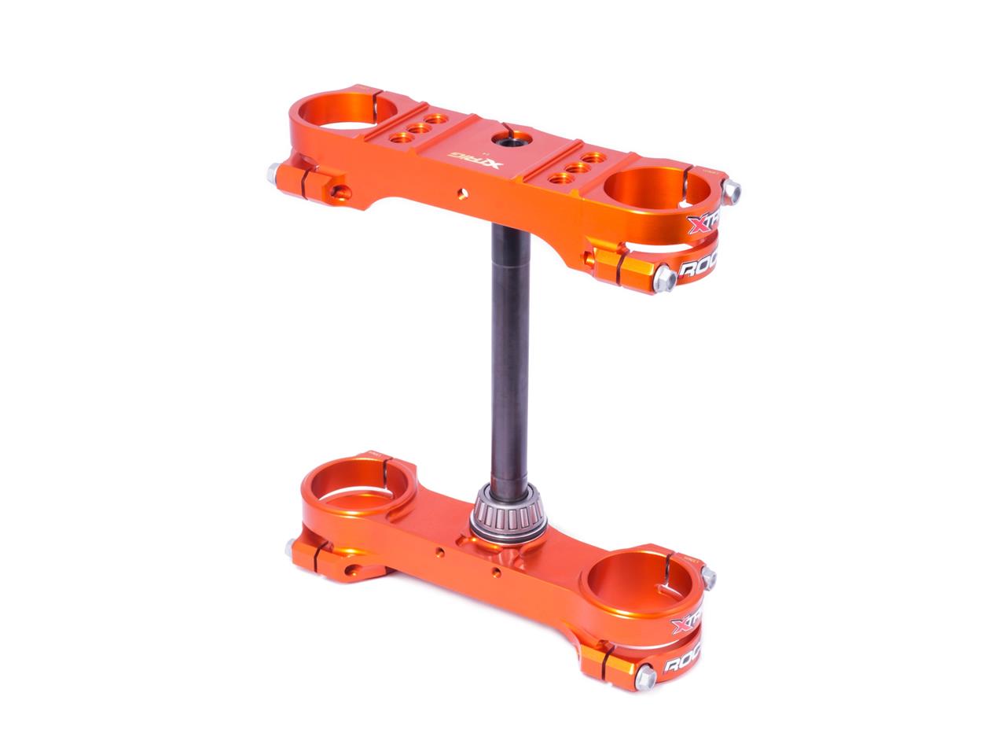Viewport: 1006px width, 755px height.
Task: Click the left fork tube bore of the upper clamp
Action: pos(344,116)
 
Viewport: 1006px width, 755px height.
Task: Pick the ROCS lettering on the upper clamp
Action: pos(698,270)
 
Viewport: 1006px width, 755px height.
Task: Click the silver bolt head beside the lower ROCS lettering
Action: pos(646,675)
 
